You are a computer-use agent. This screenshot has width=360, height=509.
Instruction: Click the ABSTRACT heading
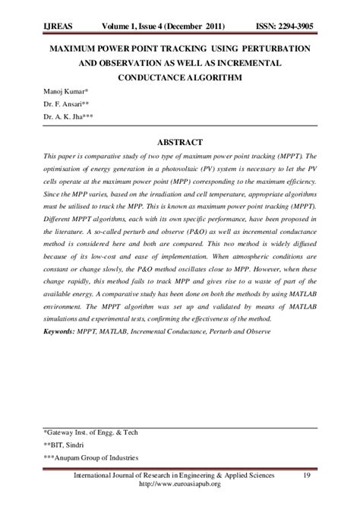pos(180,141)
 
